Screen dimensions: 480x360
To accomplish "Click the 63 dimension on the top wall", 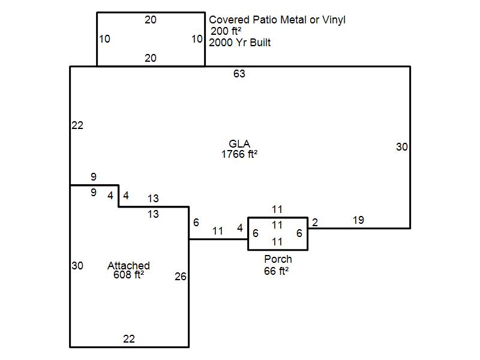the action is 239,74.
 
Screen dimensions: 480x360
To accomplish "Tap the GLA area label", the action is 239,143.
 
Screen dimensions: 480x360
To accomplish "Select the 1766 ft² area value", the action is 239,154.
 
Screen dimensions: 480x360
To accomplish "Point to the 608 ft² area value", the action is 128,275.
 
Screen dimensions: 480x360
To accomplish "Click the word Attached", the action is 128,265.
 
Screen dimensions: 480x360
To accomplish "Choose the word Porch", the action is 278,259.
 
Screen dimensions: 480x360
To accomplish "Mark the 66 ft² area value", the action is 277,271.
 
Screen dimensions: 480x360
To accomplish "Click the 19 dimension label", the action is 358,220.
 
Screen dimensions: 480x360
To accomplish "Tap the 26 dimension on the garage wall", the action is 181,277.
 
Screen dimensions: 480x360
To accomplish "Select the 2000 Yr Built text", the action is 240,43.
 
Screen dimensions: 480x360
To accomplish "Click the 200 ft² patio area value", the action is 226,31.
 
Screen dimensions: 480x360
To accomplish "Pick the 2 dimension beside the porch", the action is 315,223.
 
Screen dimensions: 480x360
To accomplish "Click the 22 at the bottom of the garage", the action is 129,338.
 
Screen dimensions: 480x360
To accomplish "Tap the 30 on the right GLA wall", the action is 402,147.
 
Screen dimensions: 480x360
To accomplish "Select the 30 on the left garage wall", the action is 77,265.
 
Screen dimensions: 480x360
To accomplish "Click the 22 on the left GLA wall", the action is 77,125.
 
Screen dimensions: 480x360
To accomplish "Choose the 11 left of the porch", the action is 218,231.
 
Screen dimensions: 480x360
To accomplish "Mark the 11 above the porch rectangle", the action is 277,209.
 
